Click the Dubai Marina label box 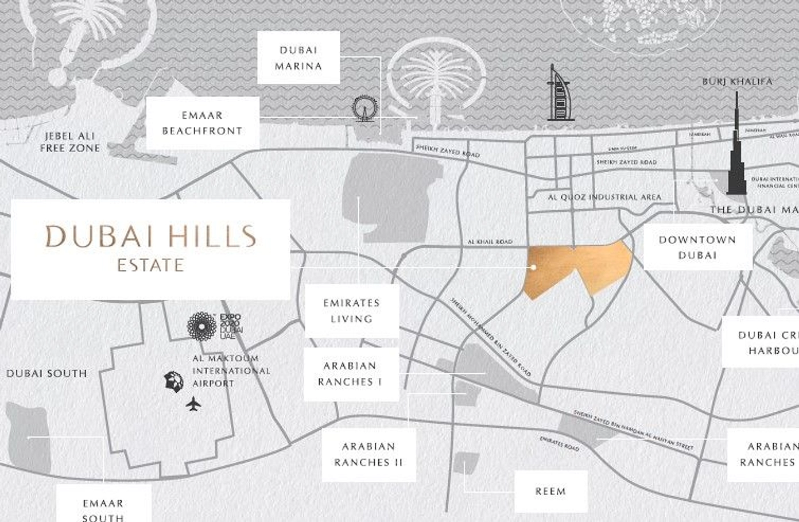(298, 58)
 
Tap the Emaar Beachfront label (202, 123)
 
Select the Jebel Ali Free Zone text (69, 142)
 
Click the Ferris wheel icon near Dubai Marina (364, 109)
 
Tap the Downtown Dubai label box (697, 247)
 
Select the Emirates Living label (351, 311)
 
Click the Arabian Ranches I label (350, 374)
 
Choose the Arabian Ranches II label (369, 454)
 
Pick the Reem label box (550, 492)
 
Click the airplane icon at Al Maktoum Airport (193, 404)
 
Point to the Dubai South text (47, 374)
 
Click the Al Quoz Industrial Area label (604, 197)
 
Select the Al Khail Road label (490, 242)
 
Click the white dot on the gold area (533, 267)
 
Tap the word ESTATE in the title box (150, 265)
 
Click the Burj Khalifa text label (737, 82)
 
